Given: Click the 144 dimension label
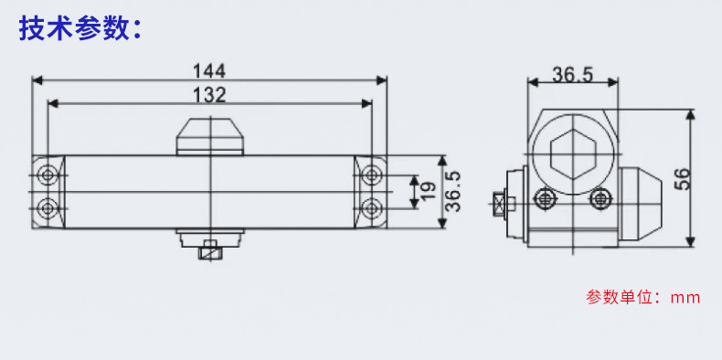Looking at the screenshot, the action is pyautogui.click(x=209, y=71).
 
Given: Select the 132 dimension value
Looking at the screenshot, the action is pyautogui.click(x=209, y=95).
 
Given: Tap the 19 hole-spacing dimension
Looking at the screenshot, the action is pyautogui.click(x=429, y=192).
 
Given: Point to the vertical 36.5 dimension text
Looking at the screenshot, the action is pyautogui.click(x=454, y=191).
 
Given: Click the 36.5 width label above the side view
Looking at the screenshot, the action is pyautogui.click(x=573, y=75).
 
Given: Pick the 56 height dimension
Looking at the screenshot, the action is pyautogui.click(x=683, y=179).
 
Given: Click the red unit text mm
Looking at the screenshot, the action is pyautogui.click(x=685, y=298).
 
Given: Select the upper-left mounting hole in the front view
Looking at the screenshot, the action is pyautogui.click(x=48, y=175).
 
